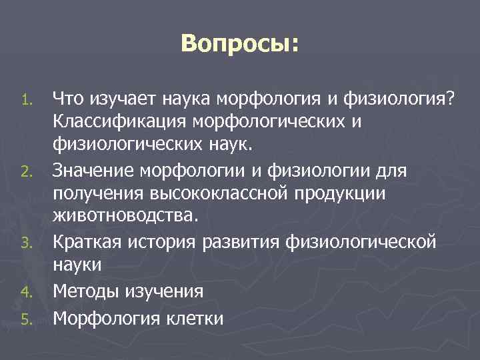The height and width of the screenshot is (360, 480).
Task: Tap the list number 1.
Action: [26, 101]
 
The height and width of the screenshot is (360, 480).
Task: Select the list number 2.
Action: [25, 173]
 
